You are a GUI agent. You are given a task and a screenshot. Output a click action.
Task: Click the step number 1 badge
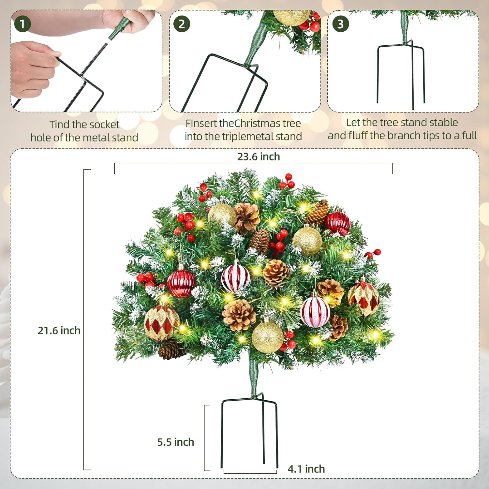[x=22, y=24]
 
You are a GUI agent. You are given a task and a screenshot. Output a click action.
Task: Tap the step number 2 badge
[x=182, y=24]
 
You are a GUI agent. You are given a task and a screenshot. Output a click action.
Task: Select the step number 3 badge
[x=340, y=24]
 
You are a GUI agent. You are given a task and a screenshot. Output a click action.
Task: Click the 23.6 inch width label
[x=258, y=157]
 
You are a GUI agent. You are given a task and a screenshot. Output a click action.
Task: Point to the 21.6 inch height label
[x=59, y=331]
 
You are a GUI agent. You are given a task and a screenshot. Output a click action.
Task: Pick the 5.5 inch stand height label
[x=176, y=442]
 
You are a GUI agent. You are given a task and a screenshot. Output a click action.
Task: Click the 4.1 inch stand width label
[x=306, y=469]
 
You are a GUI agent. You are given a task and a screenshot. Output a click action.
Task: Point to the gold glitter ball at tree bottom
[x=267, y=338]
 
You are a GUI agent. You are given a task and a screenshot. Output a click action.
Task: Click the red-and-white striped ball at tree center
[x=235, y=278]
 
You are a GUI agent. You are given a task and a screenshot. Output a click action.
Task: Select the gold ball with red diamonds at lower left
[x=161, y=323]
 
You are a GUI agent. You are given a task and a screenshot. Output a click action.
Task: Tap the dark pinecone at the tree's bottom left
[x=171, y=349]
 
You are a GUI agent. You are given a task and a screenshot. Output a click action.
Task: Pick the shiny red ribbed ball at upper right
[x=337, y=223]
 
